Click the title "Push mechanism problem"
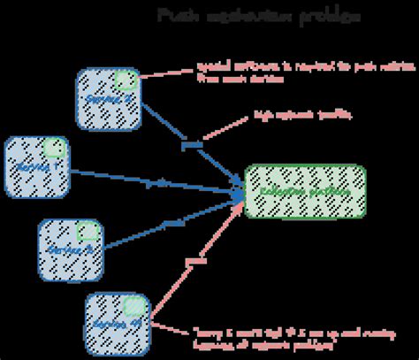click(x=258, y=17)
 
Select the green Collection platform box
click(x=304, y=191)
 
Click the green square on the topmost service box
click(x=126, y=80)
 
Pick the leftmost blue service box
click(x=37, y=166)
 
